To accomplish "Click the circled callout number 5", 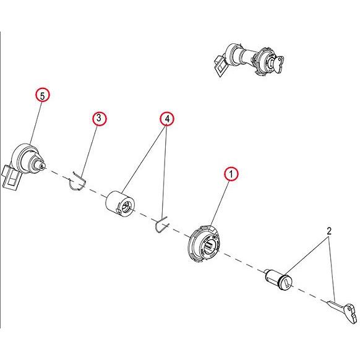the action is pos(43,95).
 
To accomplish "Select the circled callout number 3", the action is pos(99,118).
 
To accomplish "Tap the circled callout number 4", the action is pos(168,119).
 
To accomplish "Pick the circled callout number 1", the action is pos(231,174).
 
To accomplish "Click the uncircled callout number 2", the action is pos(329,231).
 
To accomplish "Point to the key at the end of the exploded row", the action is pos(343,312).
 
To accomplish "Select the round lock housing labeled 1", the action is pos(204,244).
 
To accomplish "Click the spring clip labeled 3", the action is pos(77,181).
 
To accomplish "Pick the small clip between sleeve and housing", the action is pos(161,225).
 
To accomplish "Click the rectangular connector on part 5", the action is pos(11,178).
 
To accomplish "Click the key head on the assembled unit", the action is pos(278,65).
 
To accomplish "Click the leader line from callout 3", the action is pos(90,152).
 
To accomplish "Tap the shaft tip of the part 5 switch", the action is pos(43,166).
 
